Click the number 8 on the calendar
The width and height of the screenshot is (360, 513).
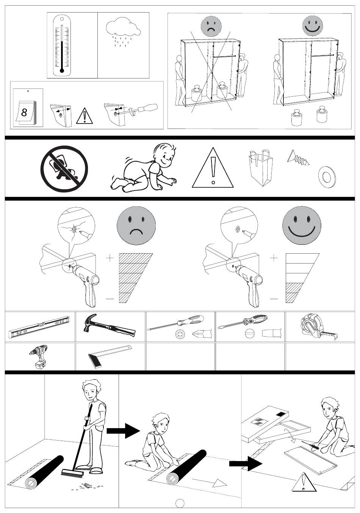(24, 112)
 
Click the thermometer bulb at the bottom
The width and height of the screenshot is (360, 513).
(62, 71)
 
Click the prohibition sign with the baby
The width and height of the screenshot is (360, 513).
(64, 169)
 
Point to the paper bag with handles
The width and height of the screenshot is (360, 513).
(260, 168)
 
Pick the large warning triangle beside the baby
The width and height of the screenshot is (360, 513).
(213, 168)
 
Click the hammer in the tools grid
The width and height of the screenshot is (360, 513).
(109, 325)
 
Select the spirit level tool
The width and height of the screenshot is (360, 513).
(39, 327)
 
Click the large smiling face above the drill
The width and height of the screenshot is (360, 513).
(301, 225)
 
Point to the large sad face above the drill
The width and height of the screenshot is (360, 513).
(136, 225)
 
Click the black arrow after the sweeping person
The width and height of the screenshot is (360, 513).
(123, 431)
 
